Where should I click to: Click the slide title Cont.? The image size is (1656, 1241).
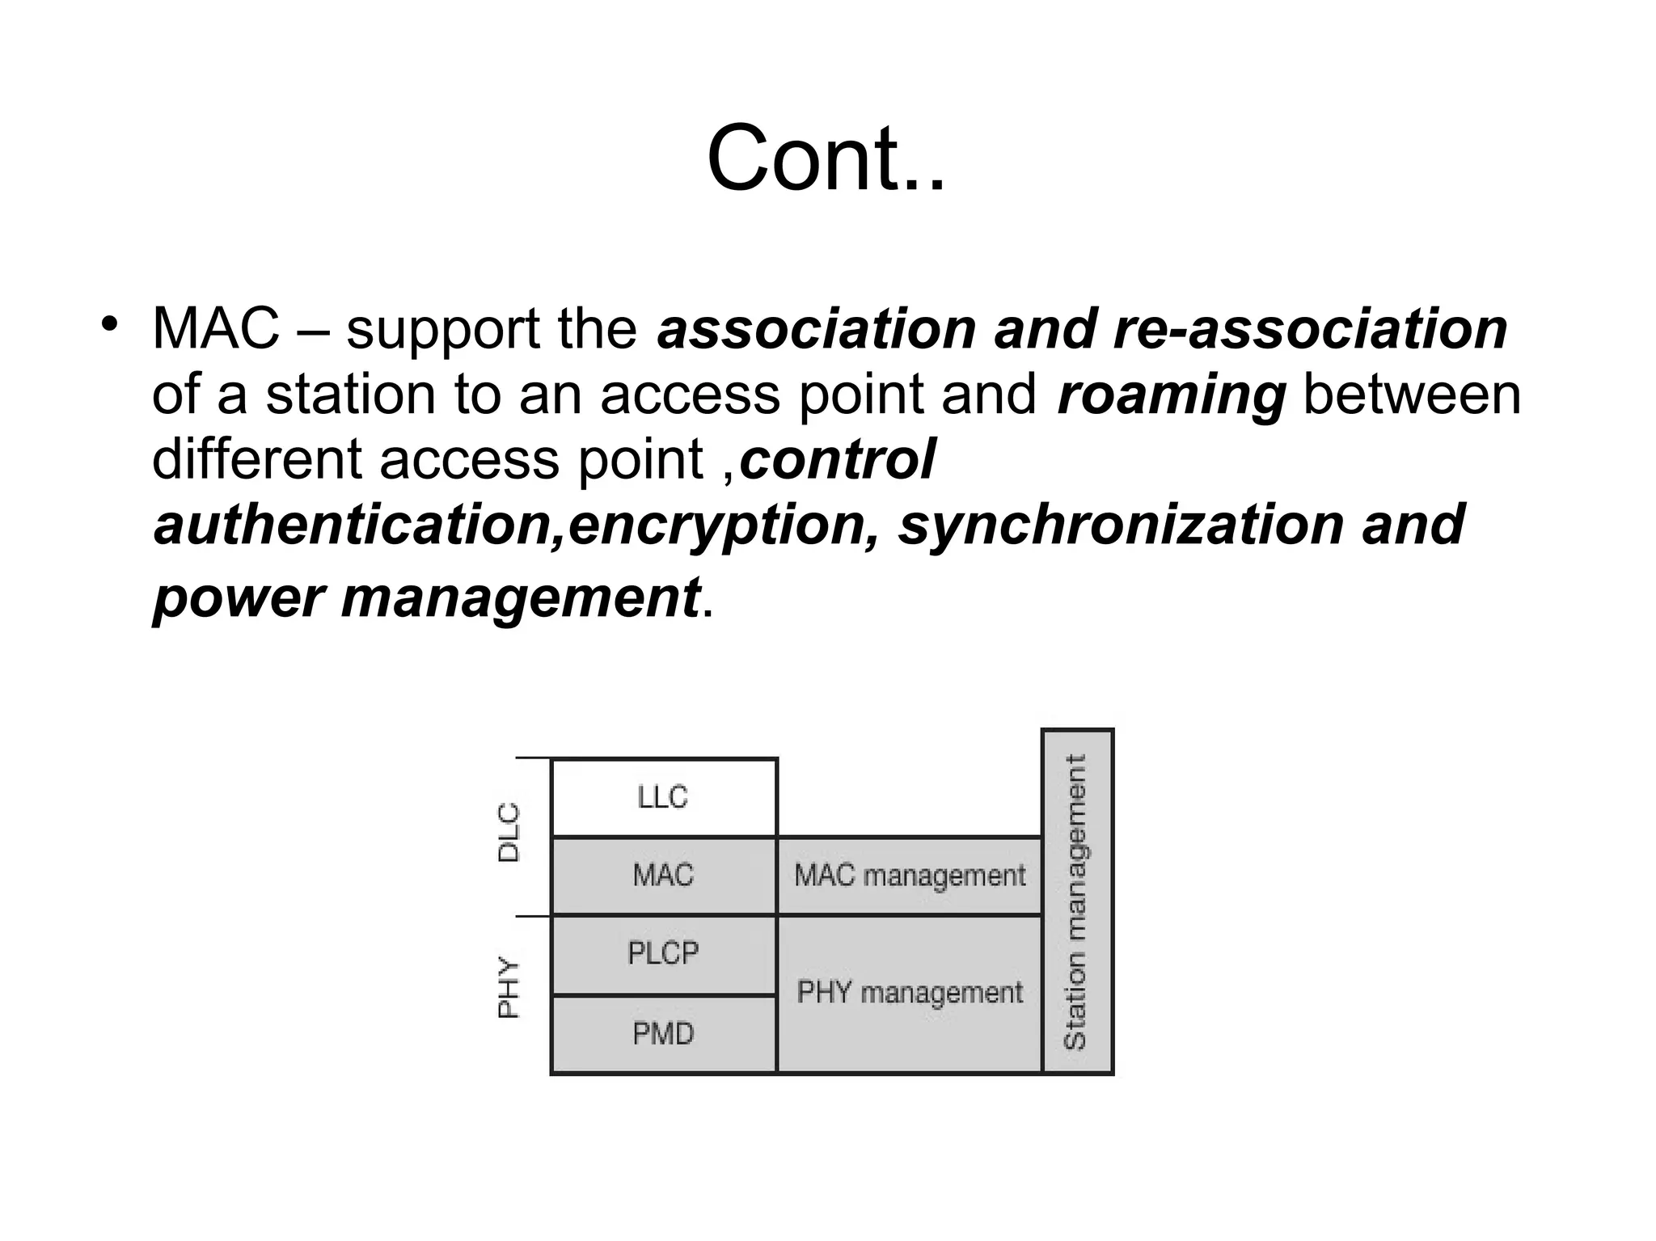pyautogui.click(x=826, y=158)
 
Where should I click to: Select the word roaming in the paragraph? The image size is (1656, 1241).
pyautogui.click(x=1171, y=395)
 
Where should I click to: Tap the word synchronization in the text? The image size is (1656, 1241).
pyautogui.click(x=1121, y=526)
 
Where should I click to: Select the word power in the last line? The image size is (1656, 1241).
pyautogui.click(x=239, y=598)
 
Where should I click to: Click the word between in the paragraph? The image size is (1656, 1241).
pyautogui.click(x=1412, y=395)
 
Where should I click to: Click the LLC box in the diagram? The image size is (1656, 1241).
pyautogui.click(x=663, y=797)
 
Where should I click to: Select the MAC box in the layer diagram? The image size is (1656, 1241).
pyautogui.click(x=663, y=875)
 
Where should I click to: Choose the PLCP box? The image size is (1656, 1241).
pyautogui.click(x=663, y=954)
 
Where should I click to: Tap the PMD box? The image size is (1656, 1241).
pyautogui.click(x=663, y=1034)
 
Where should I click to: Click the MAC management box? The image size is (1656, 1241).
pyautogui.click(x=909, y=876)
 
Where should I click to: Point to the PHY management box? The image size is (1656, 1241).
pyautogui.click(x=909, y=993)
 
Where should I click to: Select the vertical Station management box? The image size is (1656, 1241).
pyautogui.click(x=1077, y=901)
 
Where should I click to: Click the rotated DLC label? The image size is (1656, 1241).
pyautogui.click(x=509, y=833)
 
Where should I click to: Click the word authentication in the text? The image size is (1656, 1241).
pyautogui.click(x=353, y=526)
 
